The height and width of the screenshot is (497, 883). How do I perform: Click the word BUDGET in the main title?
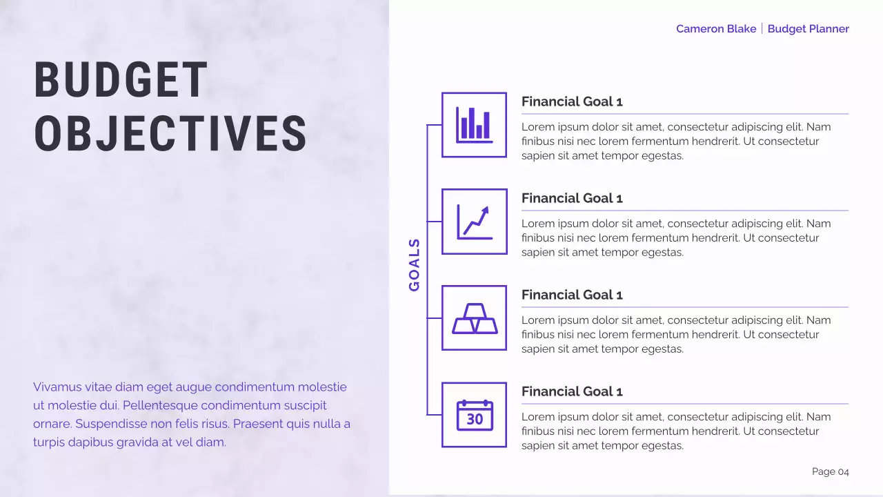(x=121, y=79)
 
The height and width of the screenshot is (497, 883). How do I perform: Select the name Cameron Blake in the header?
(x=715, y=29)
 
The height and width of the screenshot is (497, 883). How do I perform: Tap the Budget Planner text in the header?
(x=808, y=29)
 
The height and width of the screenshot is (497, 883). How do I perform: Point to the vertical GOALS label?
(x=415, y=265)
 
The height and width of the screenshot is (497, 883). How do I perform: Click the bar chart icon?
(x=474, y=125)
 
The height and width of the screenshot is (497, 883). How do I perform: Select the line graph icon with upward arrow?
(x=474, y=222)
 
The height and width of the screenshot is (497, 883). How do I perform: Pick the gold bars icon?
(x=474, y=318)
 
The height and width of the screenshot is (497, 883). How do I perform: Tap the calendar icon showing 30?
(x=474, y=415)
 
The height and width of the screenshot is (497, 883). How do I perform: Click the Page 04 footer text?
(x=830, y=472)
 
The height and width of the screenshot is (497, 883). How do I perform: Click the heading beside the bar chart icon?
(x=572, y=101)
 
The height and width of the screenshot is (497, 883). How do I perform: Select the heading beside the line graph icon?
(x=572, y=198)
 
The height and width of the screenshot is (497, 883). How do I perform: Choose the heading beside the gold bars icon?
(x=572, y=295)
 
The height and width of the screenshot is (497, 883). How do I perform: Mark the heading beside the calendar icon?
(x=572, y=391)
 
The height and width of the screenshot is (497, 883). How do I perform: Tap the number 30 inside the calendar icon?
(x=475, y=419)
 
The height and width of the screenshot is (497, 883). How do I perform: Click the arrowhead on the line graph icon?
(x=485, y=210)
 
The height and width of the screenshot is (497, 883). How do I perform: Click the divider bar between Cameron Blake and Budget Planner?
(x=762, y=29)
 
